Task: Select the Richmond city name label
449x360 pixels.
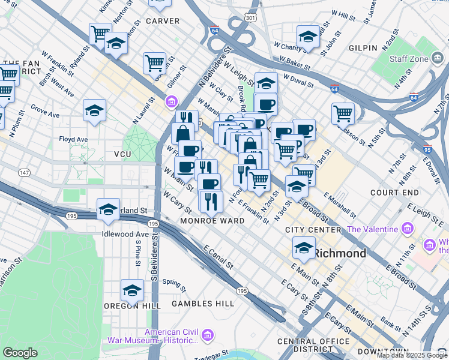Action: coord(340,253)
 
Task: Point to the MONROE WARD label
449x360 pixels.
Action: coord(212,221)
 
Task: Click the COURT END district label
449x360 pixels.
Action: coord(394,193)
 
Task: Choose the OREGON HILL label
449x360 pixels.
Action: coord(131,305)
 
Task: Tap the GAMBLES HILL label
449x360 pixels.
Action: coord(203,304)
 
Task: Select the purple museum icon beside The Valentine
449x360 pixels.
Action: coord(408,229)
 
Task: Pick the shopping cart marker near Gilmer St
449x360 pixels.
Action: coord(154,62)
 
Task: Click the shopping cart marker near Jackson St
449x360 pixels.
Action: coord(343,112)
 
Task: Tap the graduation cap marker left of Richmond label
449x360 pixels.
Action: coord(304,247)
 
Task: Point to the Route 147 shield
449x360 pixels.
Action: coord(25,173)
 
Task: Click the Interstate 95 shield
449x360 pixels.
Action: coord(427,149)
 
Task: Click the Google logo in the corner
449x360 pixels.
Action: coord(20,353)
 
